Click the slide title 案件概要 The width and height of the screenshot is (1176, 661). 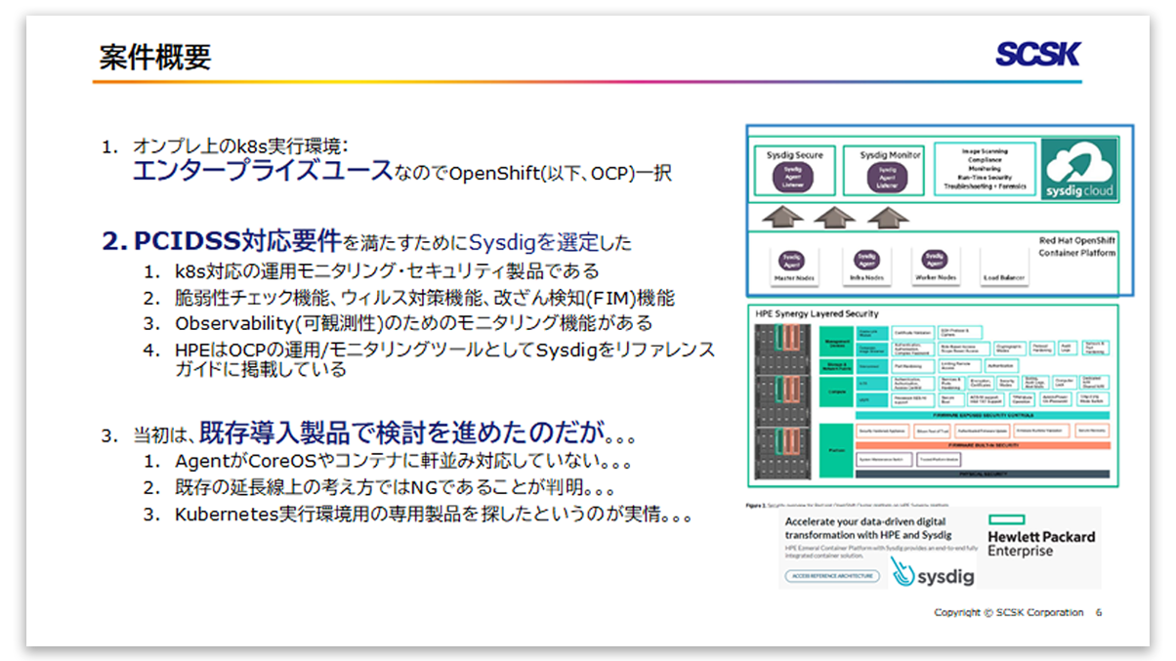pyautogui.click(x=154, y=58)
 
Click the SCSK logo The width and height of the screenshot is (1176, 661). pyautogui.click(x=1037, y=55)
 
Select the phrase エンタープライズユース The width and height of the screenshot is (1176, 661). pyautogui.click(x=261, y=172)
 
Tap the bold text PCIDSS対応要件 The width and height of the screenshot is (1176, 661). pyautogui.click(x=235, y=240)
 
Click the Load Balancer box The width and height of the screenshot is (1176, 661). pyautogui.click(x=1004, y=268)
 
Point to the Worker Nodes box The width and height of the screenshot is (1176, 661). pyautogui.click(x=936, y=266)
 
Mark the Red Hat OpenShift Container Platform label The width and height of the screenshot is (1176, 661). pyautogui.click(x=1076, y=246)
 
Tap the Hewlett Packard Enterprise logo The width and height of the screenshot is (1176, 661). pyautogui.click(x=1041, y=544)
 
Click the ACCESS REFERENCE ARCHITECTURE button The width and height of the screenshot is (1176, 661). pyautogui.click(x=830, y=576)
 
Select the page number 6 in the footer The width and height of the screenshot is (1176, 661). pyautogui.click(x=1099, y=612)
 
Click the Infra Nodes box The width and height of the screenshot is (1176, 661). pyautogui.click(x=866, y=266)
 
